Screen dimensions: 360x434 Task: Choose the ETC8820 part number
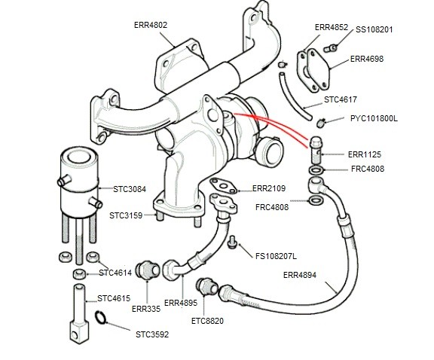[x=209, y=320]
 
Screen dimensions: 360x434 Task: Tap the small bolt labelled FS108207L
[x=233, y=243]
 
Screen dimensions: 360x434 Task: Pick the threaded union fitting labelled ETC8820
[x=203, y=286]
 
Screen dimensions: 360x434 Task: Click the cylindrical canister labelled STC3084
[x=77, y=181]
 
